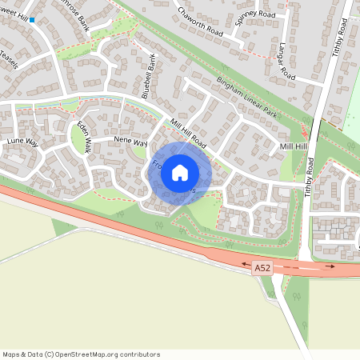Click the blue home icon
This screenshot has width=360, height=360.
coord(180,172)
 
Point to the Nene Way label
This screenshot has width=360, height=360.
coord(131,142)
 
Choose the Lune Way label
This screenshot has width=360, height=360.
coord(22,142)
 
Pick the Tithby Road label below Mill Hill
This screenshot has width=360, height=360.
coord(309,177)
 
